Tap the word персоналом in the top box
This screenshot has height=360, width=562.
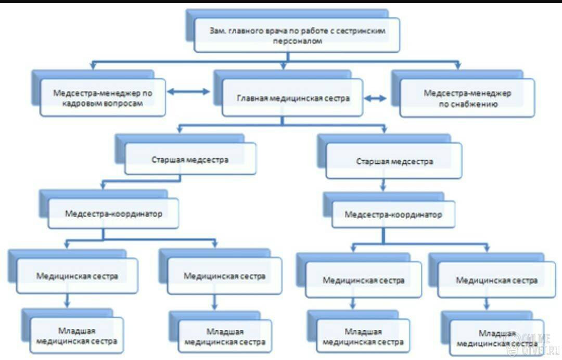[298, 41]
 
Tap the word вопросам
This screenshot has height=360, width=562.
[124, 104]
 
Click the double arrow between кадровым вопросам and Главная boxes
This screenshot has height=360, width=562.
[188, 92]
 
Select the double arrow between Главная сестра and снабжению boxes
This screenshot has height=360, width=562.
[375, 98]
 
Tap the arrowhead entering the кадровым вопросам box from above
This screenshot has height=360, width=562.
[93, 66]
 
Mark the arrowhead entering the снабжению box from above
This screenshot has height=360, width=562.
[457, 66]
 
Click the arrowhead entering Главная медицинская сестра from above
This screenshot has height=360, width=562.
[284, 66]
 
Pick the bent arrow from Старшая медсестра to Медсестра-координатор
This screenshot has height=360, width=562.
[141, 181]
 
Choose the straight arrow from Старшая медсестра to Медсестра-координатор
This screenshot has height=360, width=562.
[383, 185]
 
